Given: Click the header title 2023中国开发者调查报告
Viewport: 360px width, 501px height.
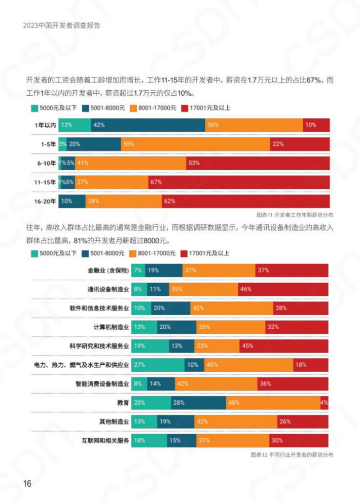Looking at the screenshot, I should pyautogui.click(x=65, y=26).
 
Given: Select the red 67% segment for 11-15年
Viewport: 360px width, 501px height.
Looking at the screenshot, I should pyautogui.click(x=238, y=182).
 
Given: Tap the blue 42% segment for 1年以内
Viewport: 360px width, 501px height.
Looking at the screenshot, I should pyautogui.click(x=148, y=125).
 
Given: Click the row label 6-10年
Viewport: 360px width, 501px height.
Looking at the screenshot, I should pyautogui.click(x=46, y=163).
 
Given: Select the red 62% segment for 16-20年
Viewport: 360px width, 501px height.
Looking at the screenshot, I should pyautogui.click(x=245, y=201).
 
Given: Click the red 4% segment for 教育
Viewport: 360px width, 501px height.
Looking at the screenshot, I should pyautogui.click(x=324, y=403).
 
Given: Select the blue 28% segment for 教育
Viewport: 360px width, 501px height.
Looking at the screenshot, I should pyautogui.click(x=197, y=403).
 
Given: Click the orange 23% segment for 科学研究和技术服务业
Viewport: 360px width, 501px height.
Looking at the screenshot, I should pyautogui.click(x=217, y=346).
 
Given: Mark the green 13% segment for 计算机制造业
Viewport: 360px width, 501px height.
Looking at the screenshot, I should pyautogui.click(x=144, y=327).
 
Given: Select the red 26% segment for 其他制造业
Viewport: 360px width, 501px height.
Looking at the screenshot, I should pyautogui.click(x=303, y=421).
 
